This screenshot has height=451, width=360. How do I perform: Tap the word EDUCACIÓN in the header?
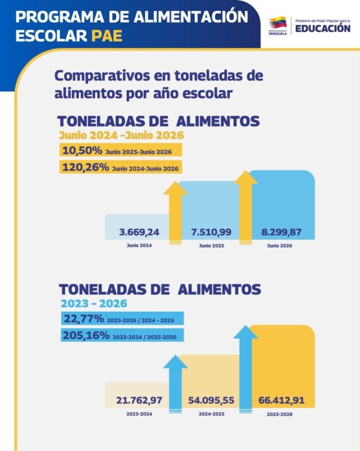coord(323,29)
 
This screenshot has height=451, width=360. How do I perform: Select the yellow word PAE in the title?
coord(107,36)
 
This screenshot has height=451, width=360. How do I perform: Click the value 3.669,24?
coord(139,232)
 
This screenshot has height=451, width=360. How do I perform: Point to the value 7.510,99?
coord(211,232)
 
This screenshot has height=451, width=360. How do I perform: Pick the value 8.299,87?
coord(282,232)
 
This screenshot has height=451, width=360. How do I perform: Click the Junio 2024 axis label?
coord(139,245)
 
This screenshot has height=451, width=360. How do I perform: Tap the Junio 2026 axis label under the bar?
coord(279,246)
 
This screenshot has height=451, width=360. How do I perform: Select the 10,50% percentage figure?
coord(82,150)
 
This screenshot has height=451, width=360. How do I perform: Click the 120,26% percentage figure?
coord(86,167)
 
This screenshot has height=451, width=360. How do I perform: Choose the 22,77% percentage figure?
coord(84,319)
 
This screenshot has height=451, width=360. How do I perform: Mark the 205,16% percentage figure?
coord(86,335)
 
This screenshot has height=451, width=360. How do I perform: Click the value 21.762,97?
coord(139,400)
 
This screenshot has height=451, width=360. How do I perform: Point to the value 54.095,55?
coord(211,400)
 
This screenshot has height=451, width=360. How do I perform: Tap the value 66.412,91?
coord(282,400)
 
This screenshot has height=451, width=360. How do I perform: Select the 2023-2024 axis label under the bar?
coord(139,414)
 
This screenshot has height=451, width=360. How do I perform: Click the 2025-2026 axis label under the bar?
coord(279,414)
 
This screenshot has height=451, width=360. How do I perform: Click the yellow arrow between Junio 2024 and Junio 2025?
coord(175,213)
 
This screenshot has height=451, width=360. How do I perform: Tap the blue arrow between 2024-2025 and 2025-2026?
coord(246,369)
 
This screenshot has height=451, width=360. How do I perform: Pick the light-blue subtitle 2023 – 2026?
coord(94,303)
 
